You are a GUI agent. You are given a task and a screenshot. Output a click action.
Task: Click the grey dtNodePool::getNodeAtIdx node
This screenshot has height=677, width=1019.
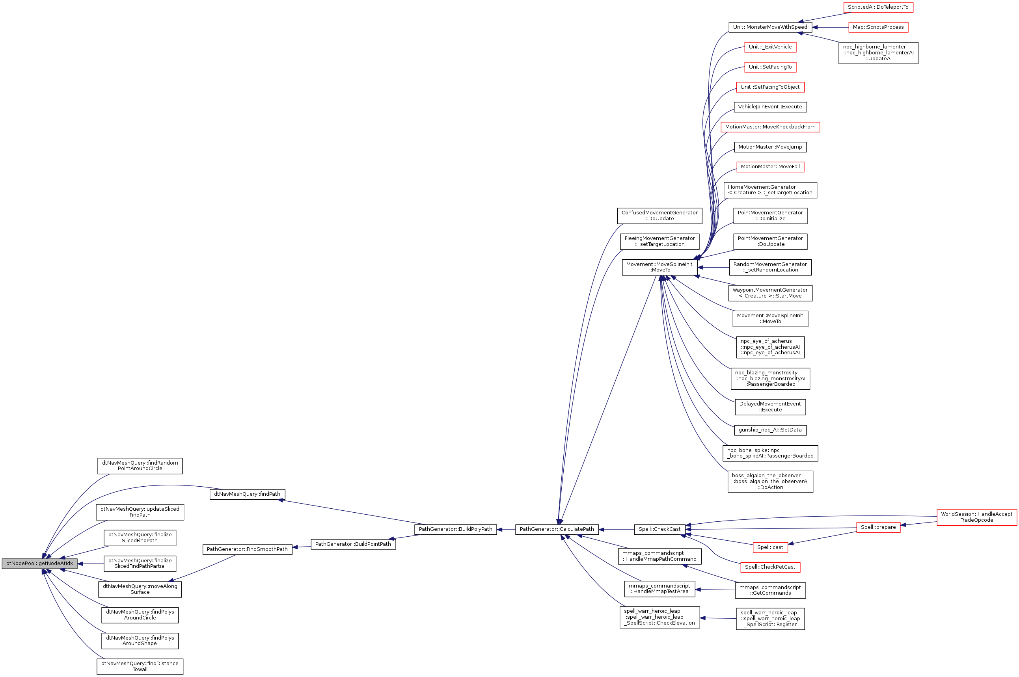coord(39,564)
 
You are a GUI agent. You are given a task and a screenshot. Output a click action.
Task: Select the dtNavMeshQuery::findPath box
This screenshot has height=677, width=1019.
coord(247,494)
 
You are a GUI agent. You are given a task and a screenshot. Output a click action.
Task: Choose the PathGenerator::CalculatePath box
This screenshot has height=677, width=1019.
coord(557,529)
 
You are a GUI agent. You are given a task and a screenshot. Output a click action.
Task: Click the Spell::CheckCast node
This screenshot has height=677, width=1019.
coord(659,529)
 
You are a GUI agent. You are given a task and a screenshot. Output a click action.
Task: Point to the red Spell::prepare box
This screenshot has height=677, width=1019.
coord(878,527)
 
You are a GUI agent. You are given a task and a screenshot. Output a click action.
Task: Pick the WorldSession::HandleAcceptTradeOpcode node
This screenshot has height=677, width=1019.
coord(976,517)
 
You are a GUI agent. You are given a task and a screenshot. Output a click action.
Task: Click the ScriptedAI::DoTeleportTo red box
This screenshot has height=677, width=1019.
coord(878,7)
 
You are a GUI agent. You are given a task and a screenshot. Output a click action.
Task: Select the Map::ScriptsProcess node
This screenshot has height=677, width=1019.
coord(878,27)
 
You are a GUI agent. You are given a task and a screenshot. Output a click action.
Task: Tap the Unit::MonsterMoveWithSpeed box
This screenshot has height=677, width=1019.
coord(770,27)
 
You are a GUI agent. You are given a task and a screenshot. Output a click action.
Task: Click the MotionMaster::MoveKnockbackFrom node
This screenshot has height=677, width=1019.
coord(770,127)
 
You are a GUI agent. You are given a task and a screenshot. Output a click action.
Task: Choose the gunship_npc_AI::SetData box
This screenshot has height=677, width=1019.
coord(770,430)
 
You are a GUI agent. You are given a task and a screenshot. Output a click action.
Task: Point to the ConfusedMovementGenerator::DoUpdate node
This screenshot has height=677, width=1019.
coord(659,216)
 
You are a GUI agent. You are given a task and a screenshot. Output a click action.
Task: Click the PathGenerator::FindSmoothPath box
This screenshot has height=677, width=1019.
coord(247,549)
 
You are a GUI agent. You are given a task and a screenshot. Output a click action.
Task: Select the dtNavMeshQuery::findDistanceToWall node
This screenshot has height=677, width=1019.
coord(140,666)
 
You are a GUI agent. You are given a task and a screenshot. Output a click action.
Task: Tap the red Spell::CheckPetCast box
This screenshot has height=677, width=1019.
coord(770,567)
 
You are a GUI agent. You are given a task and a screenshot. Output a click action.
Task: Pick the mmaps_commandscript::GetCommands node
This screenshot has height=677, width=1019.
coord(770,590)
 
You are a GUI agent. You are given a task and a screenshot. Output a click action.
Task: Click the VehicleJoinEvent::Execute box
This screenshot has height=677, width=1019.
coord(770,107)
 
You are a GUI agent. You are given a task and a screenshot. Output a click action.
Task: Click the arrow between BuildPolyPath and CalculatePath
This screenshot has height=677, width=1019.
coord(506,529)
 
